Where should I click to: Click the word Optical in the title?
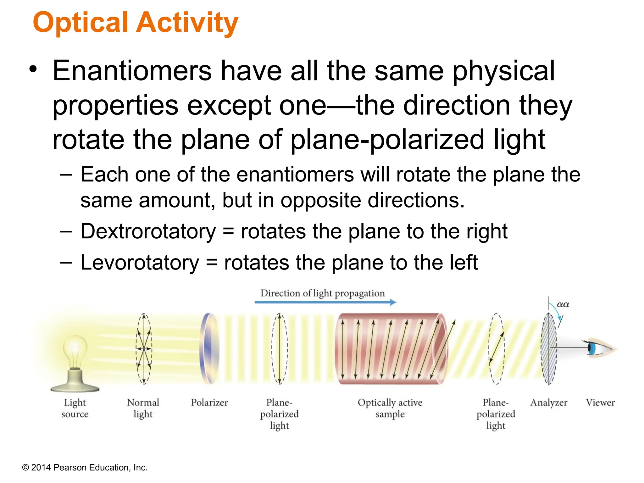(80, 23)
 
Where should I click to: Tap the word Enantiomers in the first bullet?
(132, 71)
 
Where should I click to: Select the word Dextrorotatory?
(148, 231)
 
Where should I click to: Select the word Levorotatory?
(140, 263)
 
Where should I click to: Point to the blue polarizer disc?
(209, 348)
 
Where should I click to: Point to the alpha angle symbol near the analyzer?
(563, 304)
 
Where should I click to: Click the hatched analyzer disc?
(549, 348)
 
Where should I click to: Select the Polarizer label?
(209, 403)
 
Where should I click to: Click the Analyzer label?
(549, 403)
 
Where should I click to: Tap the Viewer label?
(600, 403)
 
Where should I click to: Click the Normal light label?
(143, 408)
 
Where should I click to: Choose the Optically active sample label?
(390, 408)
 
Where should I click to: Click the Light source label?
(75, 408)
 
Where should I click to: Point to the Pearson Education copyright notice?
(85, 468)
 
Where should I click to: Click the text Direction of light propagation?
(322, 293)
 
